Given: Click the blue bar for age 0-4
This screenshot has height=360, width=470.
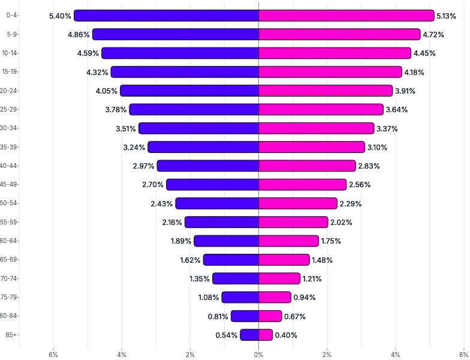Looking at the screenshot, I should click(166, 16).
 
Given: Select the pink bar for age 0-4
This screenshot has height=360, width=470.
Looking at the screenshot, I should click(346, 16).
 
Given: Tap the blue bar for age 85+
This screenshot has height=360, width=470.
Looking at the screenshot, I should click(249, 335).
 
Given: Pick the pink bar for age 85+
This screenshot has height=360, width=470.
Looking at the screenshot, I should click(266, 335).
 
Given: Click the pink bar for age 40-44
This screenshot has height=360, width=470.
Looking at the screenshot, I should click(307, 166).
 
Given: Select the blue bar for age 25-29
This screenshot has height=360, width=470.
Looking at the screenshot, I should click(194, 109).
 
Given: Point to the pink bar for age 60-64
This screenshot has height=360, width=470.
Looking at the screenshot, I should click(288, 241).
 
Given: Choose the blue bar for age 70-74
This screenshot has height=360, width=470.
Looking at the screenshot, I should click(236, 278).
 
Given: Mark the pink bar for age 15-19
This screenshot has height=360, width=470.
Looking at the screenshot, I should click(330, 72).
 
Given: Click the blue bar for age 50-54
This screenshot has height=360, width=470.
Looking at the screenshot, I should click(217, 203).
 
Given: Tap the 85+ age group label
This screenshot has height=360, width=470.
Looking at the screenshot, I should click(11, 335).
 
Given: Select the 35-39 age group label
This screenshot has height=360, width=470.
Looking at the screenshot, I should click(10, 147).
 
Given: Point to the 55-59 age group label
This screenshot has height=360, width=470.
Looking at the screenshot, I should click(10, 222).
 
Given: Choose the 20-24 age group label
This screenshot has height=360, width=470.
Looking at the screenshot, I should click(10, 91).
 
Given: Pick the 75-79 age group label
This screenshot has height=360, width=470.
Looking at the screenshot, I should click(10, 297).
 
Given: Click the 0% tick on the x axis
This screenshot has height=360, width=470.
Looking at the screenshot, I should click(259, 355).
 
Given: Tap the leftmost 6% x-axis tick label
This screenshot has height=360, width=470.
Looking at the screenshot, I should click(53, 355).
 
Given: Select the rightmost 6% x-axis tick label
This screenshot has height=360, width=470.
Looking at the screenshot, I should click(464, 355).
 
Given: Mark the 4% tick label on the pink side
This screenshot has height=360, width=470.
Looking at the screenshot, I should click(396, 355).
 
